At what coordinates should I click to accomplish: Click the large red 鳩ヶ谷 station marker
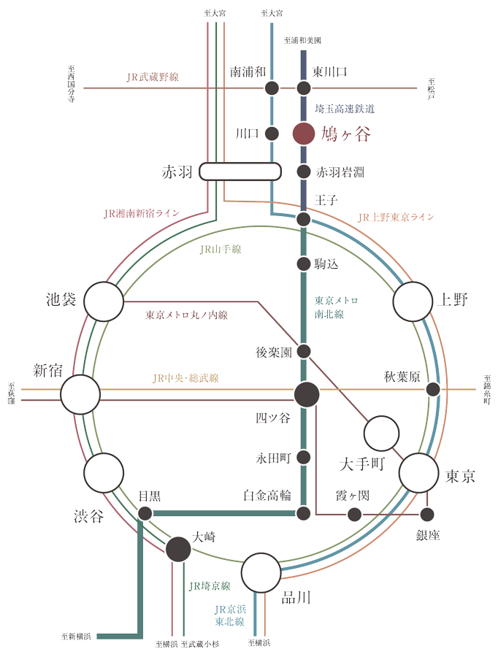[x=304, y=134]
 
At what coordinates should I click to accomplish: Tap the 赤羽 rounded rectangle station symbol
[x=240, y=172]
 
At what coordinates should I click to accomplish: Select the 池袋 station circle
[x=104, y=301]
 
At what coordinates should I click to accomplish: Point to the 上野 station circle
[x=413, y=301]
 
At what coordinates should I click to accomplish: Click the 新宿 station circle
[x=80, y=395]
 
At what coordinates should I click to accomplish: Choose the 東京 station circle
[x=419, y=473]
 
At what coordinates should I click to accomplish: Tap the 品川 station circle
[x=261, y=573]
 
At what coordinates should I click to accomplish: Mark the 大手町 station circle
[x=381, y=434]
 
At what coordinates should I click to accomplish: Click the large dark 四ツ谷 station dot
[x=307, y=395]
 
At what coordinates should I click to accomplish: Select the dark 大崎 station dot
[x=178, y=549]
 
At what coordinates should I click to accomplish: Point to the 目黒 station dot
[x=145, y=513]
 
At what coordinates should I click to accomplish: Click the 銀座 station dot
[x=427, y=514]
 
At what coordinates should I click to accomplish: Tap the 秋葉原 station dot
[x=433, y=389]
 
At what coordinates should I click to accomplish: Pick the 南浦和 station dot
[x=272, y=88]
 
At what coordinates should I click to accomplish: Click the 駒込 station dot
[x=304, y=264]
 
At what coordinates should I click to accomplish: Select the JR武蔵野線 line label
[x=153, y=77]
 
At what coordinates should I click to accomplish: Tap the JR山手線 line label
[x=221, y=250]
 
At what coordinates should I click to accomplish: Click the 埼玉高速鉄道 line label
[x=345, y=109]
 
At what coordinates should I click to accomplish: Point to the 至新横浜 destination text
[x=76, y=636]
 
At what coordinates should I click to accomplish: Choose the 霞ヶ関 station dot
[x=354, y=514]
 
